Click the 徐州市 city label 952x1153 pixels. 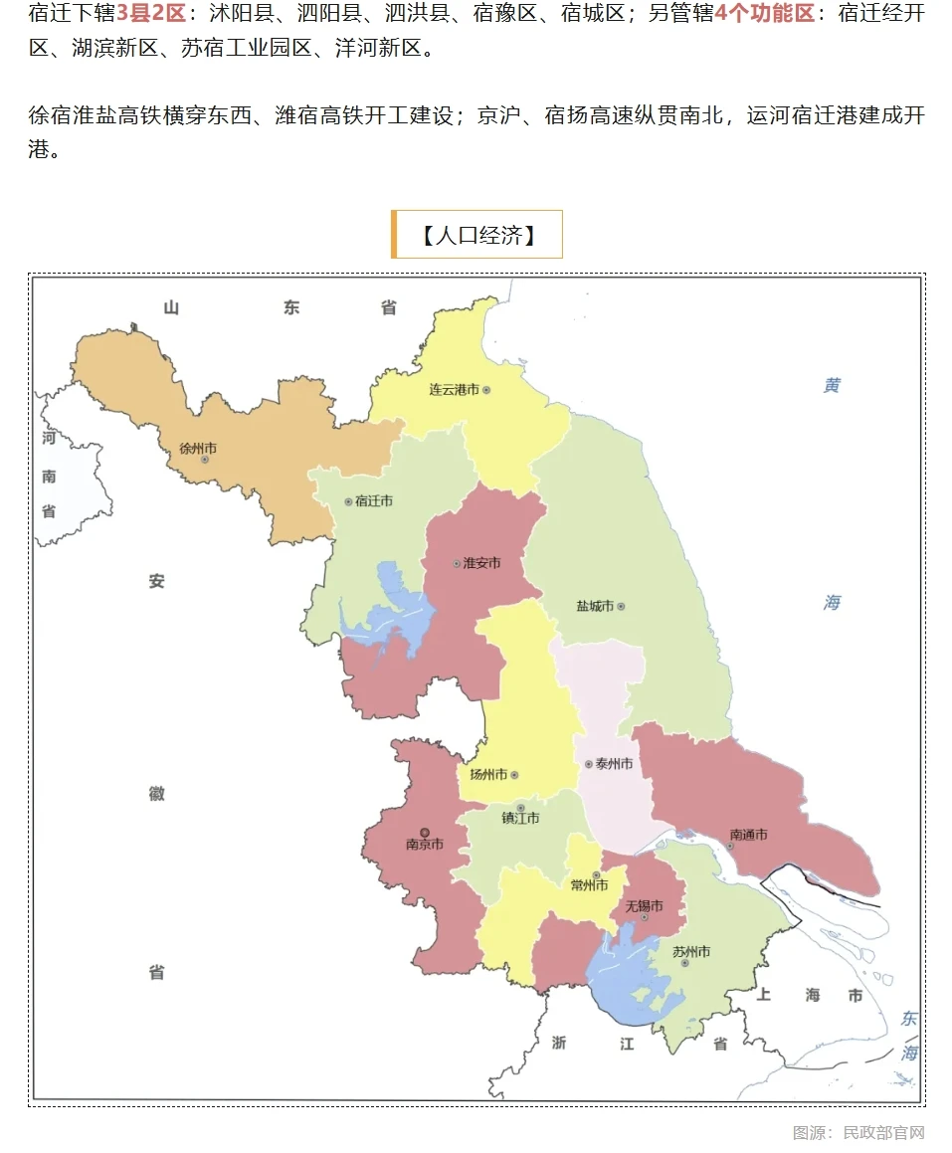point(198,449)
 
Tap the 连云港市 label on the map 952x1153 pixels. point(454,390)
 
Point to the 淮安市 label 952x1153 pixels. point(481,563)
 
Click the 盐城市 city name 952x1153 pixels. point(594,606)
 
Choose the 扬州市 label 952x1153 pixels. point(488,775)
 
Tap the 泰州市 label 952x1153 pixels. point(614,764)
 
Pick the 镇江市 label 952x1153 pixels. point(520,819)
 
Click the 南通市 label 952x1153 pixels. point(748,835)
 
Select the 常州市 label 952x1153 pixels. point(589,885)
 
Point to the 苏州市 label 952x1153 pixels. point(691,952)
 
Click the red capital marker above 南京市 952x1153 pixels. point(425,832)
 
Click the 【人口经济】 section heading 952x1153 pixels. point(477,235)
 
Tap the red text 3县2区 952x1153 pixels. point(151,14)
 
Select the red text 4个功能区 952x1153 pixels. point(764,14)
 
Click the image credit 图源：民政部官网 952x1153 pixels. point(858,1132)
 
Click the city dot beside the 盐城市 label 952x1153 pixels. point(621,606)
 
